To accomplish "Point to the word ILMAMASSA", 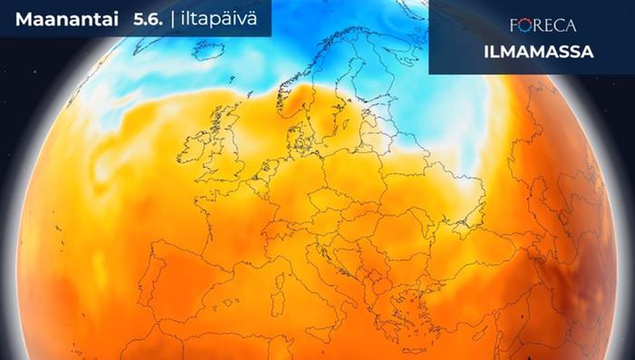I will tap(545, 52).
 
